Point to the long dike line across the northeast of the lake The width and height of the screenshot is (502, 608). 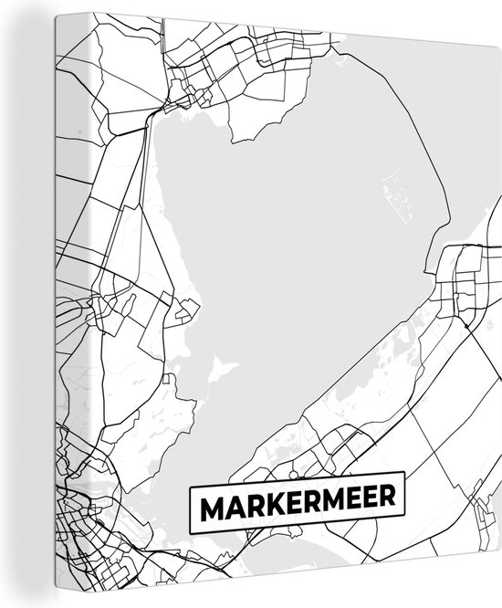pos(438,137)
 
